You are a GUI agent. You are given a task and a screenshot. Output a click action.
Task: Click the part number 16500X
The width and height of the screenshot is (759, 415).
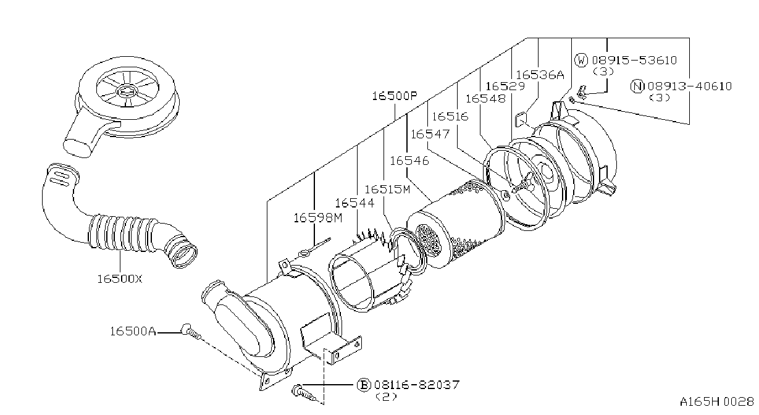pos(120,279)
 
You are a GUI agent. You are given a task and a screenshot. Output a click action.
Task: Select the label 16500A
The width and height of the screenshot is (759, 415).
pos(133,331)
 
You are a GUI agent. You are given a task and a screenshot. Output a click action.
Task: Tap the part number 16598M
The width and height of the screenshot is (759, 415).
pos(318,218)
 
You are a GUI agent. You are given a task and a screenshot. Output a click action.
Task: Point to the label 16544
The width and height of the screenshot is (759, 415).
pos(354,203)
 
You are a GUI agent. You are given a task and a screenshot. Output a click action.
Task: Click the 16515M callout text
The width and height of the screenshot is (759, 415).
pos(387,189)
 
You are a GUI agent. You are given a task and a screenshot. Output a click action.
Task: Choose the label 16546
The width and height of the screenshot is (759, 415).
pos(409,161)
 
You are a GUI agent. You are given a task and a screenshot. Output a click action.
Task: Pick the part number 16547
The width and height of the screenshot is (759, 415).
pos(430,134)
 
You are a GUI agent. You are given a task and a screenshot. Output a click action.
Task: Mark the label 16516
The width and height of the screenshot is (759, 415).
pos(450,117)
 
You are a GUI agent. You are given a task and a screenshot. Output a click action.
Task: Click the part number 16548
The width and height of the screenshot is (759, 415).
pos(485,99)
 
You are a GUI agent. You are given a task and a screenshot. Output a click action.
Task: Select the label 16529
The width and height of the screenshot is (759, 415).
pos(505,86)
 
